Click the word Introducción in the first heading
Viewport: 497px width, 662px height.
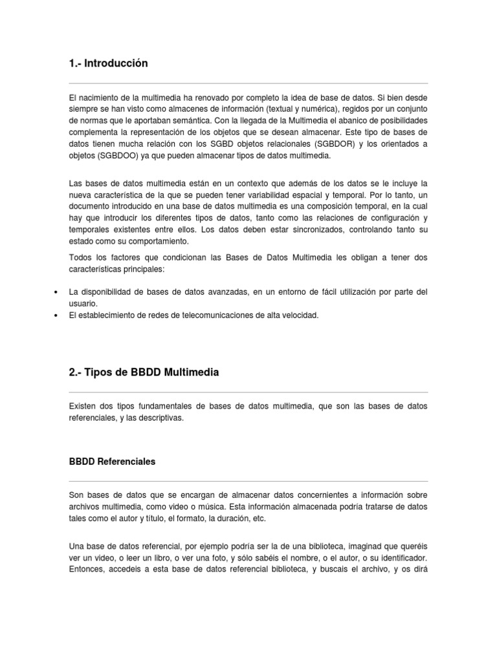pos(118,63)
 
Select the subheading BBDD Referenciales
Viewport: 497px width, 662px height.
pos(113,462)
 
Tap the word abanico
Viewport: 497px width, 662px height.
pos(332,121)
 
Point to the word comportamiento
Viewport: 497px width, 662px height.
pos(158,241)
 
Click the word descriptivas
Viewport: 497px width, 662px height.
pos(160,418)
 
